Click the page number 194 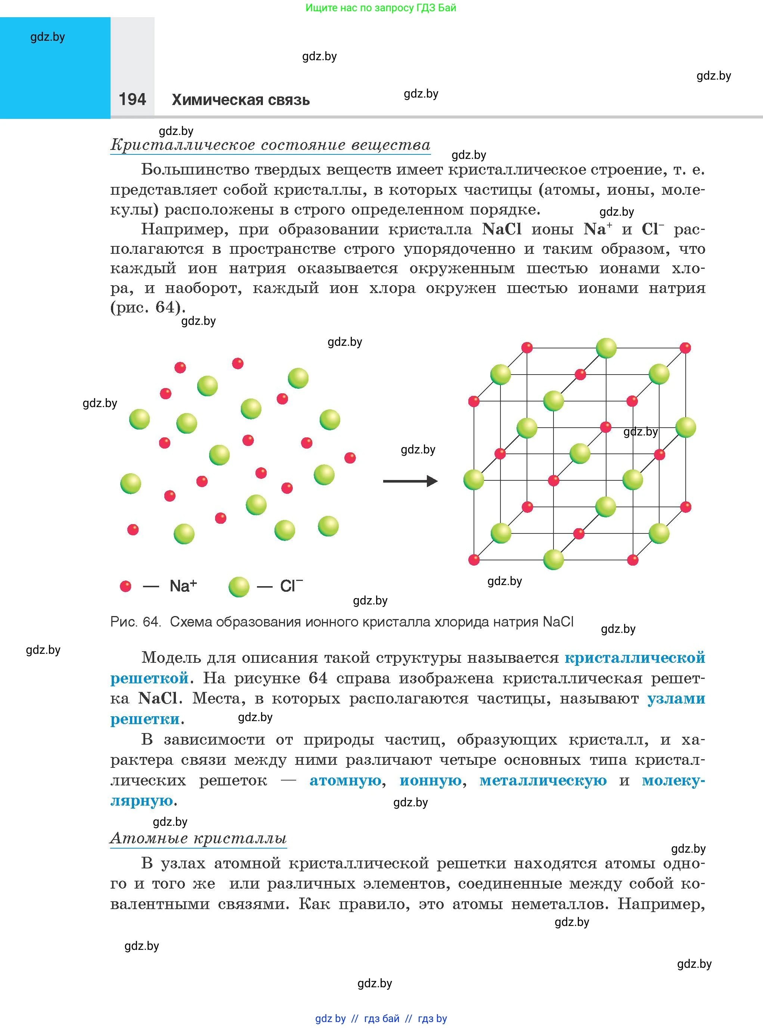click(132, 99)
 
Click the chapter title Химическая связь click(241, 100)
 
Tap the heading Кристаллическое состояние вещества click(270, 145)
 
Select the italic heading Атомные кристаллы click(199, 838)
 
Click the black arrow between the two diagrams click(410, 481)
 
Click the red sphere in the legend click(125, 586)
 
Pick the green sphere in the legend click(239, 587)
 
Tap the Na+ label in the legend click(183, 586)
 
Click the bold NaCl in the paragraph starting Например click(502, 229)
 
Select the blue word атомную click(345, 781)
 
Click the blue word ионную click(431, 781)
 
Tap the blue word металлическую click(543, 781)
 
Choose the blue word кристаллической click(635, 658)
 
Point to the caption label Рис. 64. click(135, 622)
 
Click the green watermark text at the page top click(381, 8)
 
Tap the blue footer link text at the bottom click(381, 1018)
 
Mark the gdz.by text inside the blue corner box click(47, 37)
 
